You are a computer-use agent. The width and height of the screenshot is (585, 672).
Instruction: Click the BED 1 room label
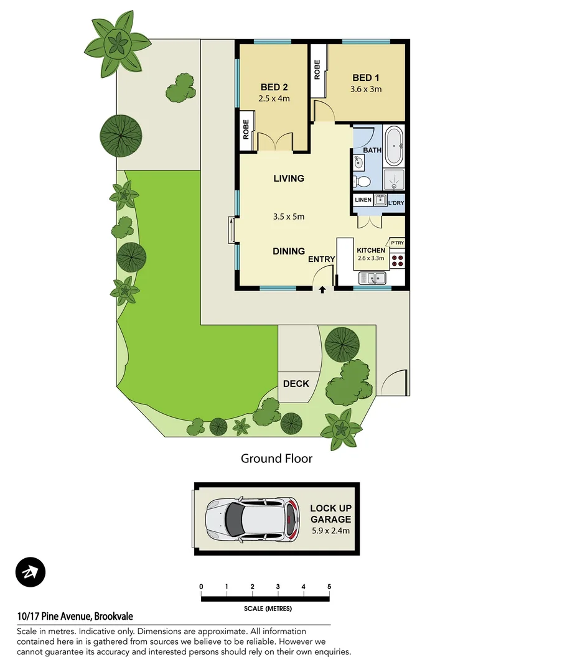coord(366,78)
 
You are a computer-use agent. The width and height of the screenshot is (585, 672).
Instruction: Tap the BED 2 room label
coord(274,87)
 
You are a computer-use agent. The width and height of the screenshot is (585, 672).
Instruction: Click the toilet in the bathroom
coord(362,182)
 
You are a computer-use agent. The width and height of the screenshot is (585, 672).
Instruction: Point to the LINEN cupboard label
coord(363,200)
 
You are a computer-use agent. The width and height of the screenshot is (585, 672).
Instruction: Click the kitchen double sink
coord(373,278)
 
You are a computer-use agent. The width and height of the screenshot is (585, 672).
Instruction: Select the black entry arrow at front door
coord(322,289)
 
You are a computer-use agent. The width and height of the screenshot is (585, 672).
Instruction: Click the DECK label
coord(296,383)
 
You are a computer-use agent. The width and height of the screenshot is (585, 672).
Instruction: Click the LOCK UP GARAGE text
coord(330,514)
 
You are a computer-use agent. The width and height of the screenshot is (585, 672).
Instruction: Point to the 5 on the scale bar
coord(329,587)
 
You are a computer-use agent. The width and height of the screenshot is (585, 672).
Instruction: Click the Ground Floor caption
coord(276,459)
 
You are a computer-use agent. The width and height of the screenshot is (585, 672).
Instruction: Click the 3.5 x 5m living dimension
coord(289,217)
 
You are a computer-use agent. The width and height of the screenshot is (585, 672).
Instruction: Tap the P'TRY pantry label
coord(397,242)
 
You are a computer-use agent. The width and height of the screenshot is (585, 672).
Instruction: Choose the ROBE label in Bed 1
coord(317,69)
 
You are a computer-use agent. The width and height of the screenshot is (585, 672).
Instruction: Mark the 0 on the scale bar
coord(201,587)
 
